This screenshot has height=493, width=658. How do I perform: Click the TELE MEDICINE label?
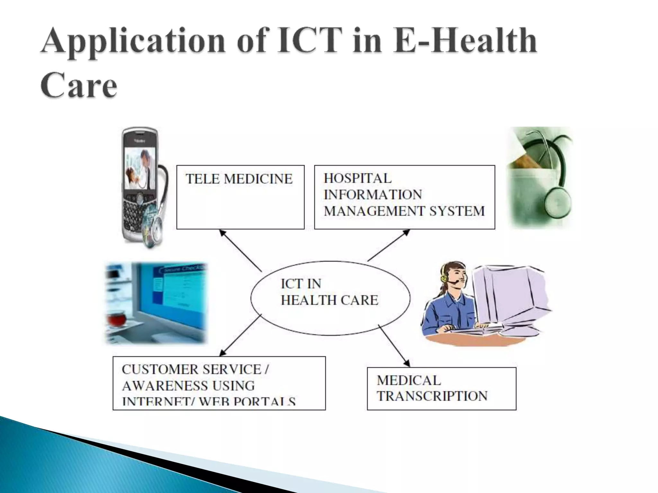click(239, 179)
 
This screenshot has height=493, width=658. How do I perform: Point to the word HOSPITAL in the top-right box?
click(358, 178)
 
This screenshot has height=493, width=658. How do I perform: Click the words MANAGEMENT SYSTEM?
click(404, 211)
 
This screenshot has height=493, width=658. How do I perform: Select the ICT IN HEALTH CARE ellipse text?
click(329, 292)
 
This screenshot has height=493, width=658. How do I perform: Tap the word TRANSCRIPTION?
click(432, 396)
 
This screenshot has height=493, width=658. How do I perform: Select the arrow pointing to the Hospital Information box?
click(389, 245)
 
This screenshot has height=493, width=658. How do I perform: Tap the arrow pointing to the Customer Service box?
click(241, 335)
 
